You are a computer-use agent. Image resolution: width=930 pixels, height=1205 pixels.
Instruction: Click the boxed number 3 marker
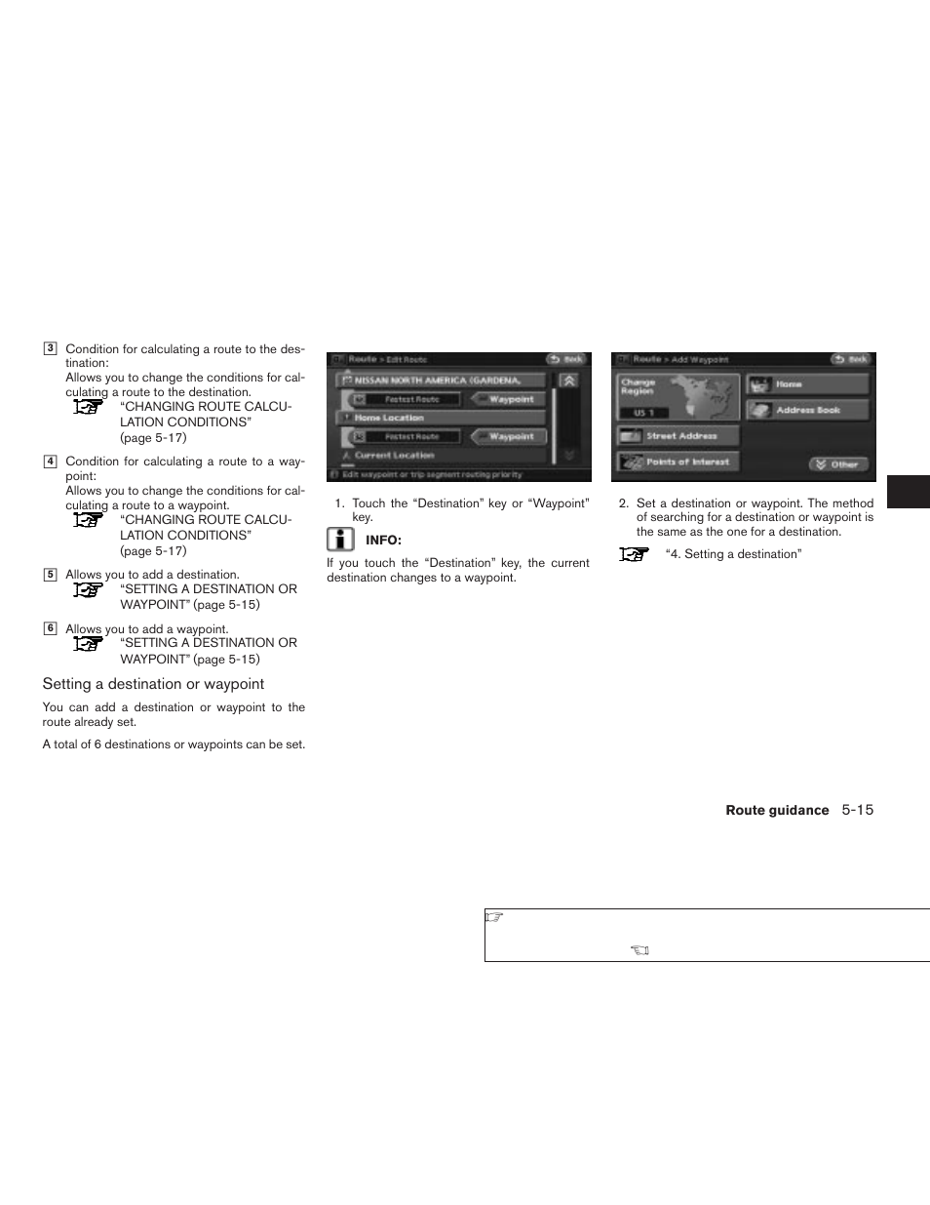pos(50,348)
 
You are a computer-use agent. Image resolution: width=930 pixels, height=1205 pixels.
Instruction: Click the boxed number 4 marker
pos(50,462)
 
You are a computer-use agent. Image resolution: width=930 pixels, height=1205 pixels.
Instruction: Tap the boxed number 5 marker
pos(50,575)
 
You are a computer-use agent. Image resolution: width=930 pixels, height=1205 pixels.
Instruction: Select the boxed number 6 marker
pos(50,628)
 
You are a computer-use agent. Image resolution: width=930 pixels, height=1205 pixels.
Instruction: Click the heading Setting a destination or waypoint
pos(153,684)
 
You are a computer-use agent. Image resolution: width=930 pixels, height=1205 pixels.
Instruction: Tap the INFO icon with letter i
pos(340,540)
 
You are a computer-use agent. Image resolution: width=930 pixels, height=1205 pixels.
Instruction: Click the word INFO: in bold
pos(383,541)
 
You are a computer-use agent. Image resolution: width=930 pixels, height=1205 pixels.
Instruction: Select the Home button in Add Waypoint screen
pos(807,384)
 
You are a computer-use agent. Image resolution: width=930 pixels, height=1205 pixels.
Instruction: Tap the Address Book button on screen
pos(807,410)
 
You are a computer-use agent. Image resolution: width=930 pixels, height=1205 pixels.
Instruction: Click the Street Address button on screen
pos(678,436)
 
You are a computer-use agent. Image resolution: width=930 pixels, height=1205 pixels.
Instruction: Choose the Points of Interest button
pos(678,462)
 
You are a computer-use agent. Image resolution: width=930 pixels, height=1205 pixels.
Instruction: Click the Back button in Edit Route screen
pos(565,359)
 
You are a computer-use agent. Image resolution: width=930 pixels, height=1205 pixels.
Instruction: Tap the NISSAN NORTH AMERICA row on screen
pos(440,380)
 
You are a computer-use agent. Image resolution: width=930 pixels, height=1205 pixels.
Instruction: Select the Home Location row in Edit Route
pos(440,418)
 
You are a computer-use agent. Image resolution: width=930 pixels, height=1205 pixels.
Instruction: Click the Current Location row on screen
pos(440,455)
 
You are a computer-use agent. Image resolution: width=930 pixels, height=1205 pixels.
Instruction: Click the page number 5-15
pos(858,810)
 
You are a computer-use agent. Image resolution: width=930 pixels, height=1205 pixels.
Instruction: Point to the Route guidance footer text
pos(777,811)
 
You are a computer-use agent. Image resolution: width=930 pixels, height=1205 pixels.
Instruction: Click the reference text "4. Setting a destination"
pos(733,554)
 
